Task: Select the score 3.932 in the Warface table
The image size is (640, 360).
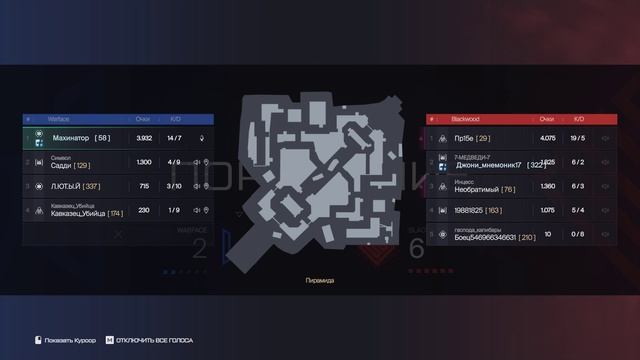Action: click(143, 138)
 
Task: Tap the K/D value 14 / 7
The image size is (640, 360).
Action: click(174, 138)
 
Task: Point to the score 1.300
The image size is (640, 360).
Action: click(143, 162)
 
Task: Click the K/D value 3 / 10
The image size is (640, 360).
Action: click(174, 186)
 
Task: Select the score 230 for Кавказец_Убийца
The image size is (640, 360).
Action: click(143, 210)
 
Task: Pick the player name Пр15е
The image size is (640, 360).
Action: click(464, 138)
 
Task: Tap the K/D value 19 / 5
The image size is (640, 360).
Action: click(578, 138)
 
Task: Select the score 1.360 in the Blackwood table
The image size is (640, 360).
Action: click(546, 186)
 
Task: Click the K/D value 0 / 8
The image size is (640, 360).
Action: click(578, 235)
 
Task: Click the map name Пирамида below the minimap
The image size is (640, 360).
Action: click(319, 281)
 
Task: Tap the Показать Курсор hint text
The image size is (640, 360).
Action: click(72, 341)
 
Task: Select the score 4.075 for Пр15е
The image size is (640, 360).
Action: click(546, 138)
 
